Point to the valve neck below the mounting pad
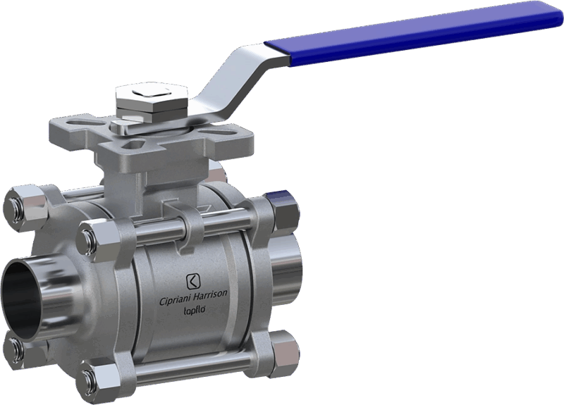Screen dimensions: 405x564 152,180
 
